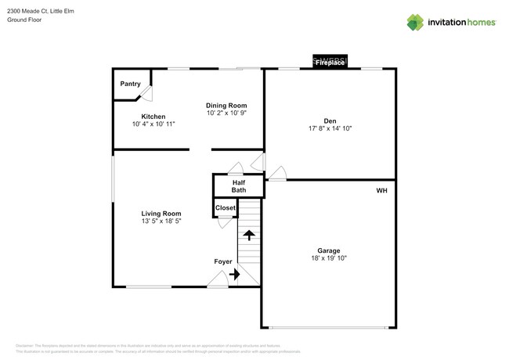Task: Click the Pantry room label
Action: click(130, 84)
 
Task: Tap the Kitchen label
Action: click(153, 117)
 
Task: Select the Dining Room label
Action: click(226, 106)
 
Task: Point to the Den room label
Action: click(330, 121)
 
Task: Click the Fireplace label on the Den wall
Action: click(330, 63)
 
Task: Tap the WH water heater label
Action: click(381, 190)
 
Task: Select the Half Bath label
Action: click(239, 186)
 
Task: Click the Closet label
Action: click(226, 207)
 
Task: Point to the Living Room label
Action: click(161, 214)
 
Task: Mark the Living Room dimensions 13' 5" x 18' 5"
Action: click(161, 221)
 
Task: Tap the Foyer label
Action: click(224, 261)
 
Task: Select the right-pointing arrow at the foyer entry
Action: click(235, 275)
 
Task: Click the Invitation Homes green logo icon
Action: click(416, 22)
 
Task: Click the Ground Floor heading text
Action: click(25, 20)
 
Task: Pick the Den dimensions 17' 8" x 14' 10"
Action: click(330, 128)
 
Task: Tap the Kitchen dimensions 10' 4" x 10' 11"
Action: click(153, 124)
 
